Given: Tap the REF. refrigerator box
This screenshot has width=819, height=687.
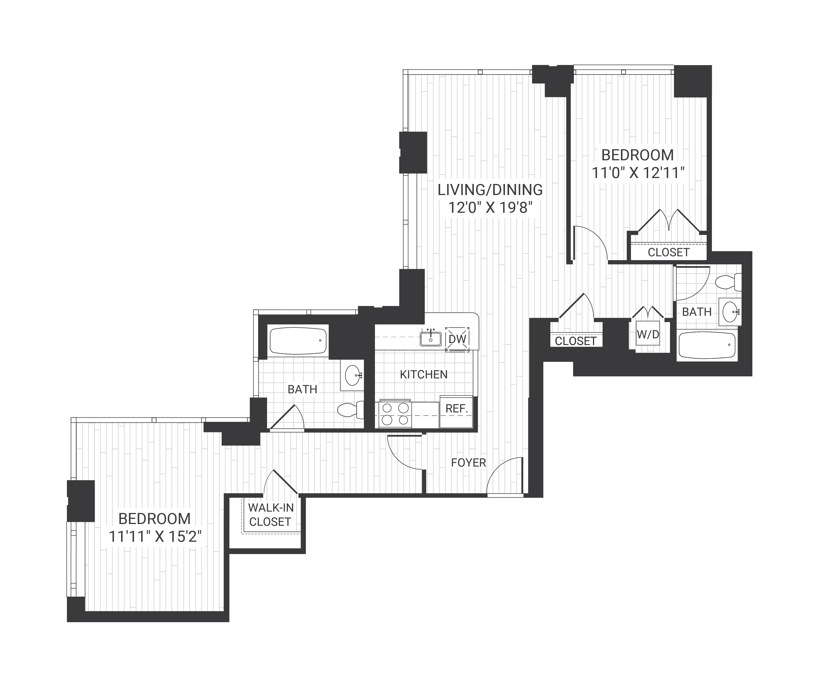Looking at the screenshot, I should pyautogui.click(x=456, y=412).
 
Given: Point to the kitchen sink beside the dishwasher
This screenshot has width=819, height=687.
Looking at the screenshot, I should pyautogui.click(x=430, y=339).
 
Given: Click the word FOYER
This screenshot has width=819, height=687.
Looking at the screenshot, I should pyautogui.click(x=468, y=463).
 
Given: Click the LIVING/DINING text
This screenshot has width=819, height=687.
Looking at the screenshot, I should pyautogui.click(x=490, y=190).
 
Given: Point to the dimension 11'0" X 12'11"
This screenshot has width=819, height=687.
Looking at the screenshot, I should pyautogui.click(x=638, y=173).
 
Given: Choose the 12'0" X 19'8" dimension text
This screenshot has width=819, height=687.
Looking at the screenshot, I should pyautogui.click(x=490, y=208).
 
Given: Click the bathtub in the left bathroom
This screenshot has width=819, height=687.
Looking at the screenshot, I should pyautogui.click(x=298, y=341).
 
